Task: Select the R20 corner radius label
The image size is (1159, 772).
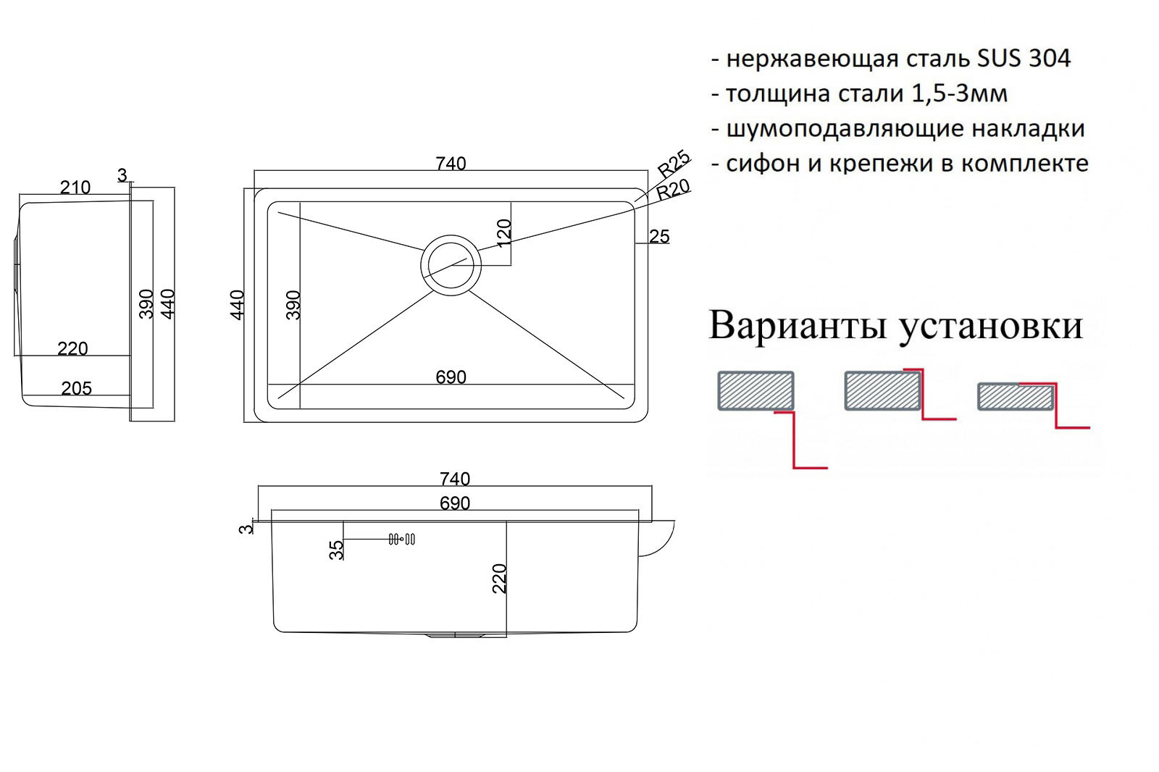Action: [x=673, y=190]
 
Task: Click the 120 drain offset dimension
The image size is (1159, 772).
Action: [x=503, y=233]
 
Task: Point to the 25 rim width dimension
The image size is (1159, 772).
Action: [x=659, y=237]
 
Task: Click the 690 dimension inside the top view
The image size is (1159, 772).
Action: [x=451, y=377]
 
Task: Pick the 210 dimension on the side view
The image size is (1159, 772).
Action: [x=75, y=188]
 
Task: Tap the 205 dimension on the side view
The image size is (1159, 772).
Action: [x=77, y=388]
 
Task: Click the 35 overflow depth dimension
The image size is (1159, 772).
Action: [x=336, y=550]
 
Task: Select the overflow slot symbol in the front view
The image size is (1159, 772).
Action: [x=402, y=539]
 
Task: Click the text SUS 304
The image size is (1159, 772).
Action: [x=1024, y=59]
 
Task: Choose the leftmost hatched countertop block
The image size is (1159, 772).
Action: [x=756, y=390]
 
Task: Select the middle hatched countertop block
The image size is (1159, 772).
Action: [x=882, y=390]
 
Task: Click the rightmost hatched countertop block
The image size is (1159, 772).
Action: [x=1016, y=397]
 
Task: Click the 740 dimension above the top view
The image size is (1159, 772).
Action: [x=451, y=164]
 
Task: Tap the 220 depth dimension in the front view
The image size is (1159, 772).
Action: [x=499, y=578]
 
